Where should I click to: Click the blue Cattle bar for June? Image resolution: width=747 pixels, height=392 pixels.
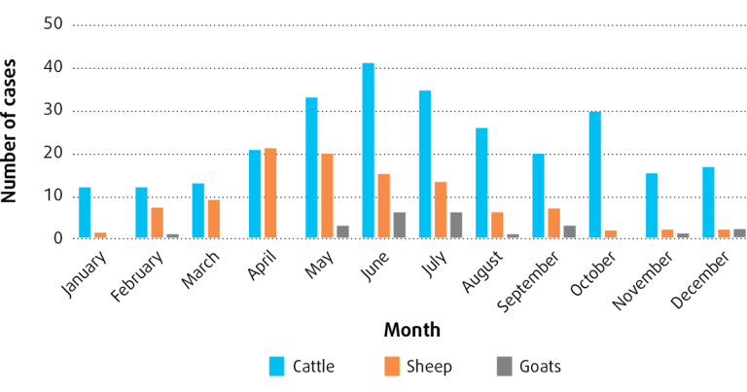(x=368, y=151)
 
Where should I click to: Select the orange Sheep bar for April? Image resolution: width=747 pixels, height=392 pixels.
(x=270, y=194)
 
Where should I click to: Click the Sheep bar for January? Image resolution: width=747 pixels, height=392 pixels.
(x=100, y=235)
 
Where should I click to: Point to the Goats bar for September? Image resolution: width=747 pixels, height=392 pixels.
(x=569, y=232)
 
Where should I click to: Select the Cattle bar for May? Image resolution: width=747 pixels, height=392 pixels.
(x=311, y=167)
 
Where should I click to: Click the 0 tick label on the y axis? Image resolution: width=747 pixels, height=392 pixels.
(x=57, y=238)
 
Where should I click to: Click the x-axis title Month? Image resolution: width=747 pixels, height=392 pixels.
(x=411, y=330)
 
